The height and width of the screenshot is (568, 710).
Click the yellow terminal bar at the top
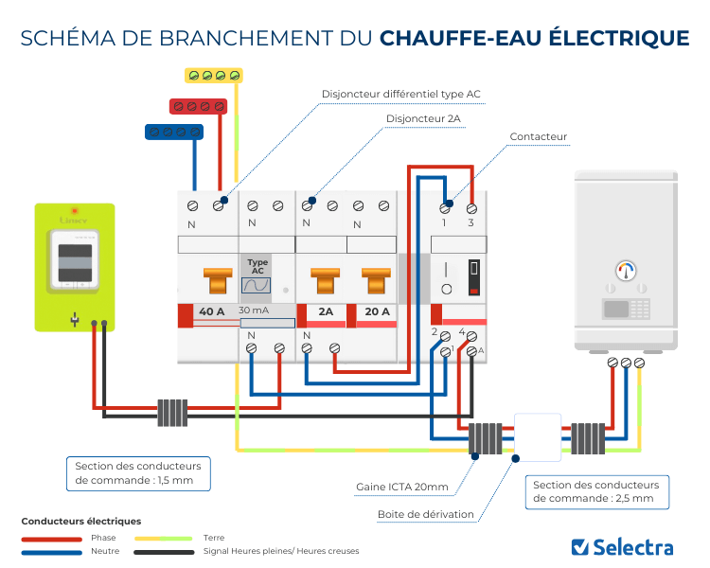[x=213, y=75]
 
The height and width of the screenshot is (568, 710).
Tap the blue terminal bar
[x=173, y=132]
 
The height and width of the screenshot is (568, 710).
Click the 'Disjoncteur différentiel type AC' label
[x=401, y=94]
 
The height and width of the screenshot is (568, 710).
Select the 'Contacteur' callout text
[x=538, y=137]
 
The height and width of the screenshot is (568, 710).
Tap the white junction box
[x=536, y=437]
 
